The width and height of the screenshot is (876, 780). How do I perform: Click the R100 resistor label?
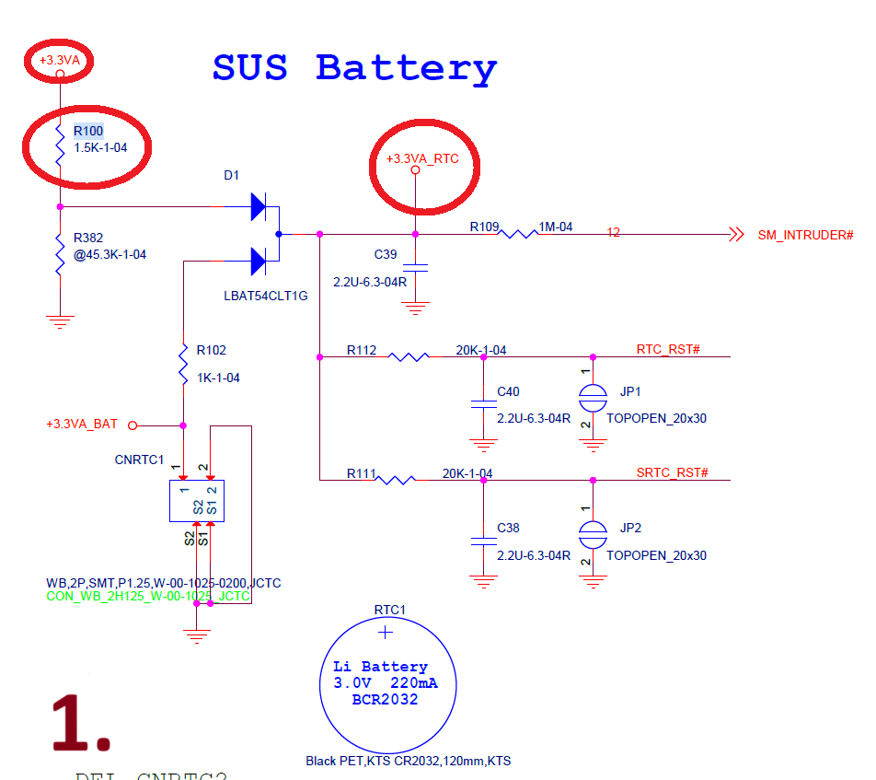88,131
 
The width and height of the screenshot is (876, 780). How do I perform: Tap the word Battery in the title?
406,68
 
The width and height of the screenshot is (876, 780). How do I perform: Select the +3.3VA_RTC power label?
421,158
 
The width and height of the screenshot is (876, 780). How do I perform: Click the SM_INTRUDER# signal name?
805,235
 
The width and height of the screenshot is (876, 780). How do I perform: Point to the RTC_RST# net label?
668,349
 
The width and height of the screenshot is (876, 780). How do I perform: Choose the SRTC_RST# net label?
672,472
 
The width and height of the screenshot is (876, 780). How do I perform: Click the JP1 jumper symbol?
593,397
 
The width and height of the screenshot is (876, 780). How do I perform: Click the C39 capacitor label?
386,254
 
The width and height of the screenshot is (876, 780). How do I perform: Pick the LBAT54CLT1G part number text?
265,296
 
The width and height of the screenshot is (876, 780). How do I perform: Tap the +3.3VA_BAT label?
82,425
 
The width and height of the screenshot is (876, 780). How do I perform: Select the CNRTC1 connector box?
196,500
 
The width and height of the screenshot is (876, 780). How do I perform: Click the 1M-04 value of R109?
556,227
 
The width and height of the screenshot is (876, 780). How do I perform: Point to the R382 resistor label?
88,238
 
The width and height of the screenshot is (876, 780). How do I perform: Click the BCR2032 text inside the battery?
385,700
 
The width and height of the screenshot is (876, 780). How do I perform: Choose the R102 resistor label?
211,350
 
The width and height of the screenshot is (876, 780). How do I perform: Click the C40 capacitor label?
508,391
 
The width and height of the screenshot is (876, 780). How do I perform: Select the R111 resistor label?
362,473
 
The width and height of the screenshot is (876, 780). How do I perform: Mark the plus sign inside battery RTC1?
386,632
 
